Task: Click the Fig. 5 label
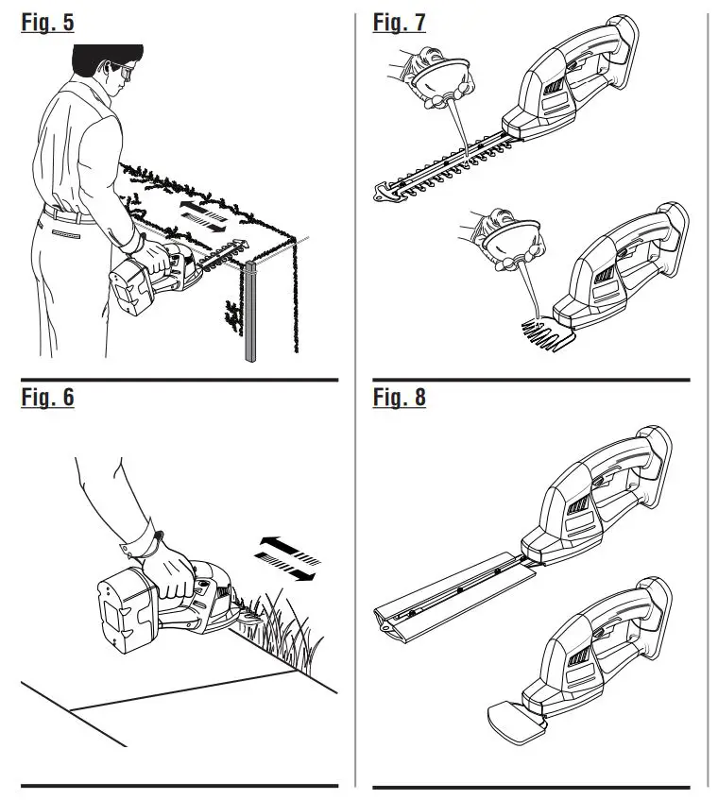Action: [x=47, y=22]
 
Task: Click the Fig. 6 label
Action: [x=47, y=398]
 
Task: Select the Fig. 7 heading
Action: [x=399, y=22]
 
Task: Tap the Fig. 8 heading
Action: [x=399, y=398]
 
